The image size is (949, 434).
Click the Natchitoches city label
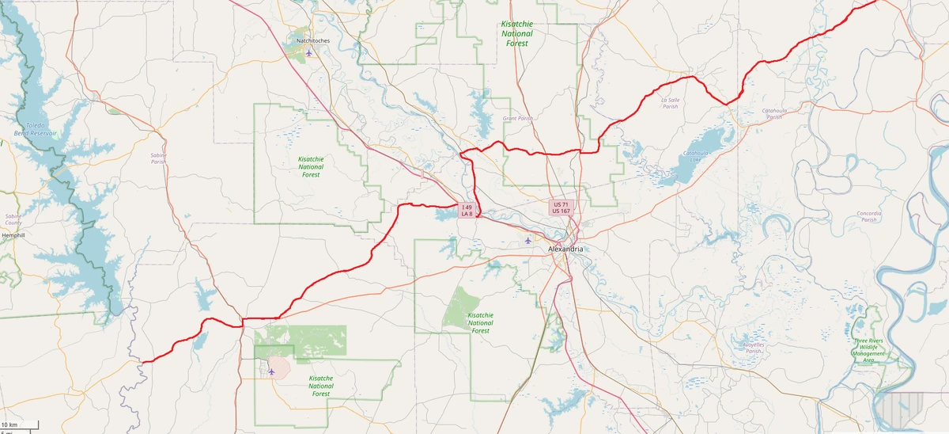(x=312, y=40)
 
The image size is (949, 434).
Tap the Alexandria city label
(x=565, y=249)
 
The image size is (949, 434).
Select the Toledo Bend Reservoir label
(x=40, y=130)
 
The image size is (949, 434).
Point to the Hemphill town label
(x=13, y=235)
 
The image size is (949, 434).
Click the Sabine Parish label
(x=158, y=158)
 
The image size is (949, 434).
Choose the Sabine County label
(x=13, y=219)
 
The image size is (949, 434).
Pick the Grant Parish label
(x=518, y=118)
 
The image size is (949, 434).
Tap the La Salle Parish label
(x=670, y=103)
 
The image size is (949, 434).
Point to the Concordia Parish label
(x=868, y=216)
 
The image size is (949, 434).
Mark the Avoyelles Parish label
(x=753, y=348)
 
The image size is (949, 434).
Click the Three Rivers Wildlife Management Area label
(x=868, y=350)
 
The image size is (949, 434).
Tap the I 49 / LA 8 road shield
(x=467, y=211)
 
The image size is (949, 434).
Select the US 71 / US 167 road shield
(x=561, y=207)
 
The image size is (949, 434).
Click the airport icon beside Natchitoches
(x=308, y=54)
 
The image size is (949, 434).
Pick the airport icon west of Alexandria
(x=528, y=241)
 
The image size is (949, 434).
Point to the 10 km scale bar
(x=19, y=425)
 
